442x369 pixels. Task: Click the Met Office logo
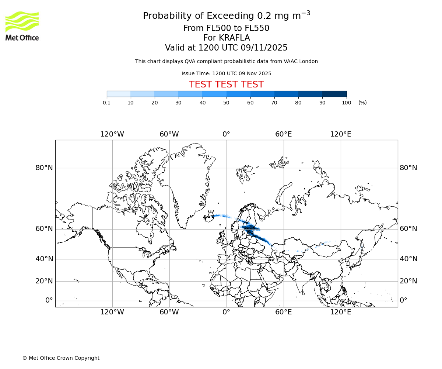click(22, 26)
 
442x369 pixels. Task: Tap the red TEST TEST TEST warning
click(226, 85)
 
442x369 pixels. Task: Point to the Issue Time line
click(226, 73)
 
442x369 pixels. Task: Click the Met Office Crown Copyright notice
click(61, 358)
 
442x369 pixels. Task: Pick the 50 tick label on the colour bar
click(227, 103)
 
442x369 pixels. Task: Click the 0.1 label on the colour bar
click(106, 103)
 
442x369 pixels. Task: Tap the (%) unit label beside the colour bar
click(362, 103)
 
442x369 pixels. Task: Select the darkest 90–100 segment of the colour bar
click(334, 94)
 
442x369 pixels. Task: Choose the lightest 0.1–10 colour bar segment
click(119, 94)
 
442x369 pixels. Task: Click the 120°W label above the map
click(112, 134)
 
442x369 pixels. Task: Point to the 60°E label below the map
click(284, 312)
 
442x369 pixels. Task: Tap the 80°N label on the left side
click(44, 168)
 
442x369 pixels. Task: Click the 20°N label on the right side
click(408, 281)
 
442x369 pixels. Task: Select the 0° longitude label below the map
click(227, 312)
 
